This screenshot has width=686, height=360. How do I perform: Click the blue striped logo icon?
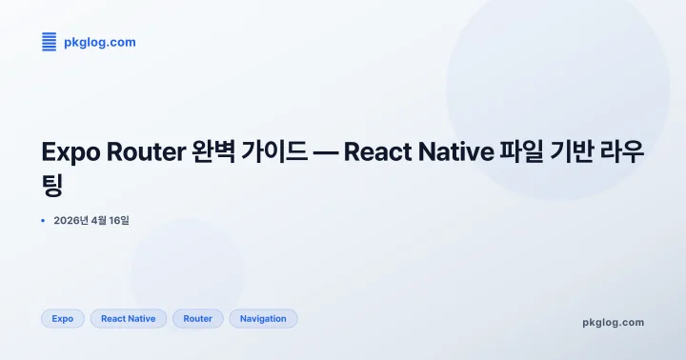click(50, 42)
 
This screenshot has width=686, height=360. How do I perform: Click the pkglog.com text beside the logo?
click(99, 42)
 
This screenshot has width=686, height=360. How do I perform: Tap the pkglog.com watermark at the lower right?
click(613, 322)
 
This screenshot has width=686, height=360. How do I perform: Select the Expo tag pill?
click(63, 318)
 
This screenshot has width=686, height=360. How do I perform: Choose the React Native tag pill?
click(129, 318)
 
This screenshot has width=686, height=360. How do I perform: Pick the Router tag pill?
click(198, 318)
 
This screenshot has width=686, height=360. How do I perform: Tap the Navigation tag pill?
click(263, 318)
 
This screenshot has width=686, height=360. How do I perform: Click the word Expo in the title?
click(71, 152)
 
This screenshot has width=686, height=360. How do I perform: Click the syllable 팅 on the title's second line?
click(53, 185)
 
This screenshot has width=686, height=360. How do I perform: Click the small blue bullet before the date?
click(44, 221)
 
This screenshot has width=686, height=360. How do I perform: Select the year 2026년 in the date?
click(71, 221)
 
